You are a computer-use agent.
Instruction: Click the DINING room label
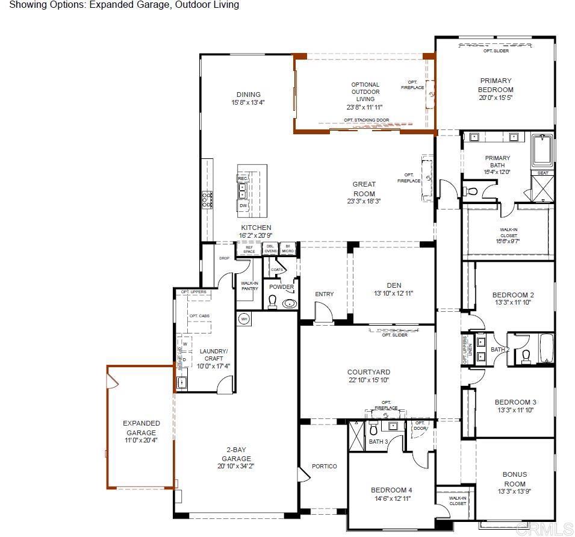coord(248,95)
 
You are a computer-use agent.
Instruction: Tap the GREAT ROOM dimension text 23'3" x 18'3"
coord(364,202)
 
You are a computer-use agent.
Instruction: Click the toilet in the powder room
coord(272,302)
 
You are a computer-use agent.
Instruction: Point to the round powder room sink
coord(290,303)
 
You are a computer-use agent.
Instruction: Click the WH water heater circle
coord(244,319)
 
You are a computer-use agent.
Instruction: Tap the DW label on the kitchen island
coord(243,205)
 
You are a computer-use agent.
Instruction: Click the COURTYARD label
coord(368,372)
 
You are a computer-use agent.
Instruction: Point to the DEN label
coord(394,285)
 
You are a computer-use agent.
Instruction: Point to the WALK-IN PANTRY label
coord(249,285)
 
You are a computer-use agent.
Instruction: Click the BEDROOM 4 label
coord(391,490)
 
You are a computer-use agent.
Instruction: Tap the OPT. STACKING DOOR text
coord(366,120)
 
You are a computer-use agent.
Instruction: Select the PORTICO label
coord(325,467)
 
